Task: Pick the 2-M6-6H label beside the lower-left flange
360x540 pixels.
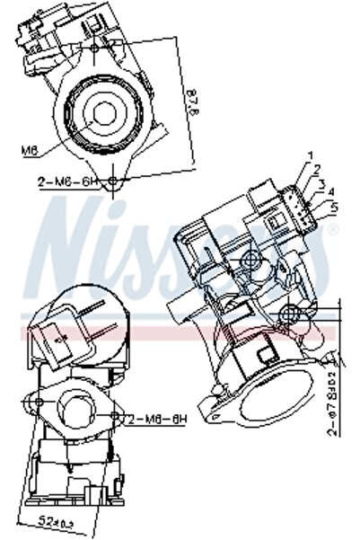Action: pos(158,420)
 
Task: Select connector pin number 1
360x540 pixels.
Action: pos(310,158)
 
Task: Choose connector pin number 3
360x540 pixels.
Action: pos(320,183)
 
